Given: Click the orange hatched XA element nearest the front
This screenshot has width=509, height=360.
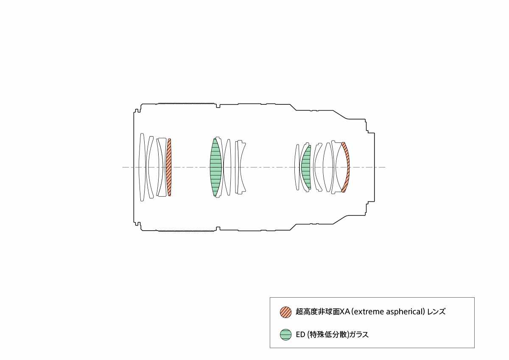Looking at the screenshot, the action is [169, 167].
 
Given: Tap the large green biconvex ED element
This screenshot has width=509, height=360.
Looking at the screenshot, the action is [215, 167].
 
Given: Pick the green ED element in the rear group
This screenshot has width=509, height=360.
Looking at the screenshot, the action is [306, 167].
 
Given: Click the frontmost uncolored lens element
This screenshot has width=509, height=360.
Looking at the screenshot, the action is [142, 167].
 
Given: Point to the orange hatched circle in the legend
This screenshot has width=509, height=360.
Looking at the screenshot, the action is [285, 312].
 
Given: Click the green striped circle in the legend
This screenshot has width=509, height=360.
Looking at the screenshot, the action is [285, 335].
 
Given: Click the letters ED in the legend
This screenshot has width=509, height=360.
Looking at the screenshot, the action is [300, 335].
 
